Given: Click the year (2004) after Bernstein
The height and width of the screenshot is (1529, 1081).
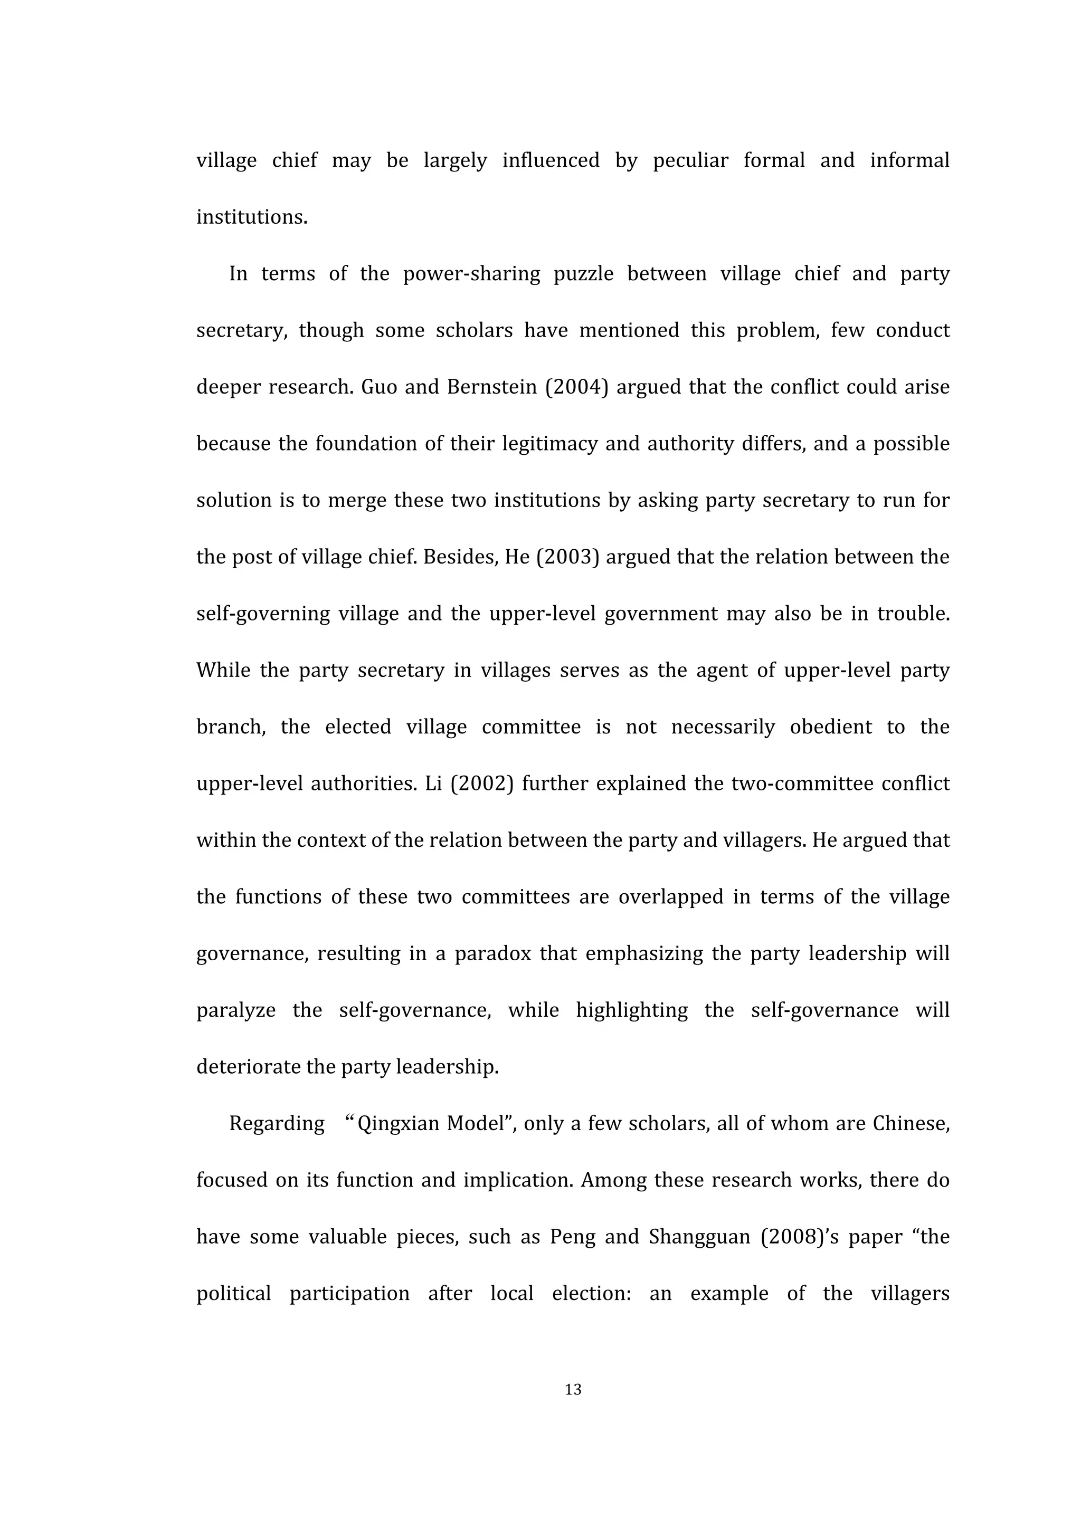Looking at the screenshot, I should pos(577,387).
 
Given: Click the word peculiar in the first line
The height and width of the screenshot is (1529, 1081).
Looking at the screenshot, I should pos(690,160).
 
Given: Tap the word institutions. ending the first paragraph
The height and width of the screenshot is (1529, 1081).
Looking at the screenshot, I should pos(252,217).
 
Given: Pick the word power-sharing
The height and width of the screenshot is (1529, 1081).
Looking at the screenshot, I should pos(471,274).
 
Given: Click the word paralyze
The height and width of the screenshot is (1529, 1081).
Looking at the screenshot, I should pos(236,1010).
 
